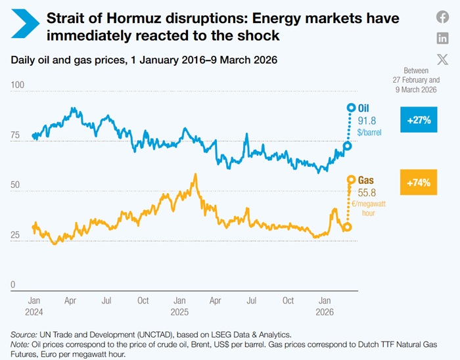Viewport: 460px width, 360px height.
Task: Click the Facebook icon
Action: coord(443,18)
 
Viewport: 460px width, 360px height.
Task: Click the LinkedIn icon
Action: coord(443,38)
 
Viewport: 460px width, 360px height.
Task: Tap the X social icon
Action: coord(443,58)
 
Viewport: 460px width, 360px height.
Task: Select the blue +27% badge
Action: coord(419,120)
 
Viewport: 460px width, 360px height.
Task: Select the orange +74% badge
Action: coord(419,183)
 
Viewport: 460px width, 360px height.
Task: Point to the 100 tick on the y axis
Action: coord(18,85)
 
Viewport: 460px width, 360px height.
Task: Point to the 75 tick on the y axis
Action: coord(16,136)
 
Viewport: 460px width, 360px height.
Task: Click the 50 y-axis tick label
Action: coord(16,186)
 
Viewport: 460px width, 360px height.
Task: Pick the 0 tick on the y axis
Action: coord(13,285)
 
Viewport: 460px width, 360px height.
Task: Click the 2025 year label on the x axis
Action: coord(179,312)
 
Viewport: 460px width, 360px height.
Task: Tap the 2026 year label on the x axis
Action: coord(325,312)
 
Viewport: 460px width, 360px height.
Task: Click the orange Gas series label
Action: coord(366,180)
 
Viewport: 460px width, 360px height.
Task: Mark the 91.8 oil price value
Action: coord(367,120)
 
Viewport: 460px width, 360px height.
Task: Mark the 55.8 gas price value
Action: coord(367,192)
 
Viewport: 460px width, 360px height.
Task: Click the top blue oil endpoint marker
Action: coord(351,107)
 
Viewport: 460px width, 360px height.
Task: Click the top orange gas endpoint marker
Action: coord(351,179)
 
